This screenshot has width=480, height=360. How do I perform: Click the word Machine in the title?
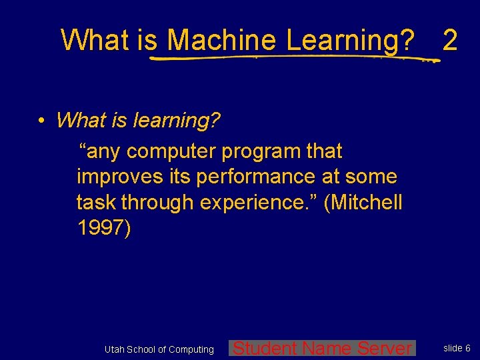pyautogui.click(x=221, y=40)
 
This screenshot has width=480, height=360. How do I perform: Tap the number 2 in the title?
pyautogui.click(x=450, y=40)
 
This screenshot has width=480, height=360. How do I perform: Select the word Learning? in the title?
pyautogui.click(x=350, y=40)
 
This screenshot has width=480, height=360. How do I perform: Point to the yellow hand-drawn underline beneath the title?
pyautogui.click(x=293, y=58)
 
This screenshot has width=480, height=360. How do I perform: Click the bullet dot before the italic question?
pyautogui.click(x=41, y=121)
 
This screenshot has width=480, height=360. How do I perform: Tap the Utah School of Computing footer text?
pyautogui.click(x=159, y=349)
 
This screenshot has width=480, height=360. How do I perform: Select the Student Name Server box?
pyautogui.click(x=322, y=348)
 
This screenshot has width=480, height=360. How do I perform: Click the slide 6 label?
pyautogui.click(x=457, y=348)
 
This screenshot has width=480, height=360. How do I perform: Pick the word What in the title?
pyautogui.click(x=96, y=40)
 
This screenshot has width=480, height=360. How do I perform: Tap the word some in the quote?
pyautogui.click(x=373, y=177)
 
